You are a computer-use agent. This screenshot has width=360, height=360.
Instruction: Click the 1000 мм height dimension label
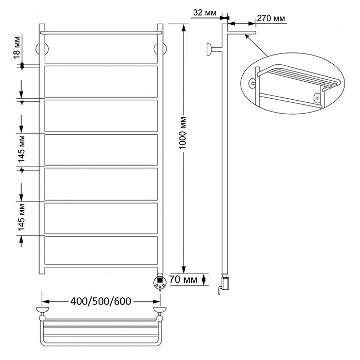click(183, 133)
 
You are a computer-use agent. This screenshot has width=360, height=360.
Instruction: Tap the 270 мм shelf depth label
click(271, 18)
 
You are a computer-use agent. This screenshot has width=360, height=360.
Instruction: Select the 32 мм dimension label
click(204, 13)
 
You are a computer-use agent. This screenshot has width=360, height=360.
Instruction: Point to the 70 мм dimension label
click(183, 279)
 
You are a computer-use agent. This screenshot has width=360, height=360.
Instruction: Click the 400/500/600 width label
click(101, 301)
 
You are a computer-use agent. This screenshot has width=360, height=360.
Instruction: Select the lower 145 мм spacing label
click(21, 217)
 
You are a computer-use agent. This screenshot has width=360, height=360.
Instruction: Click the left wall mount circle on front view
click(42, 49)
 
